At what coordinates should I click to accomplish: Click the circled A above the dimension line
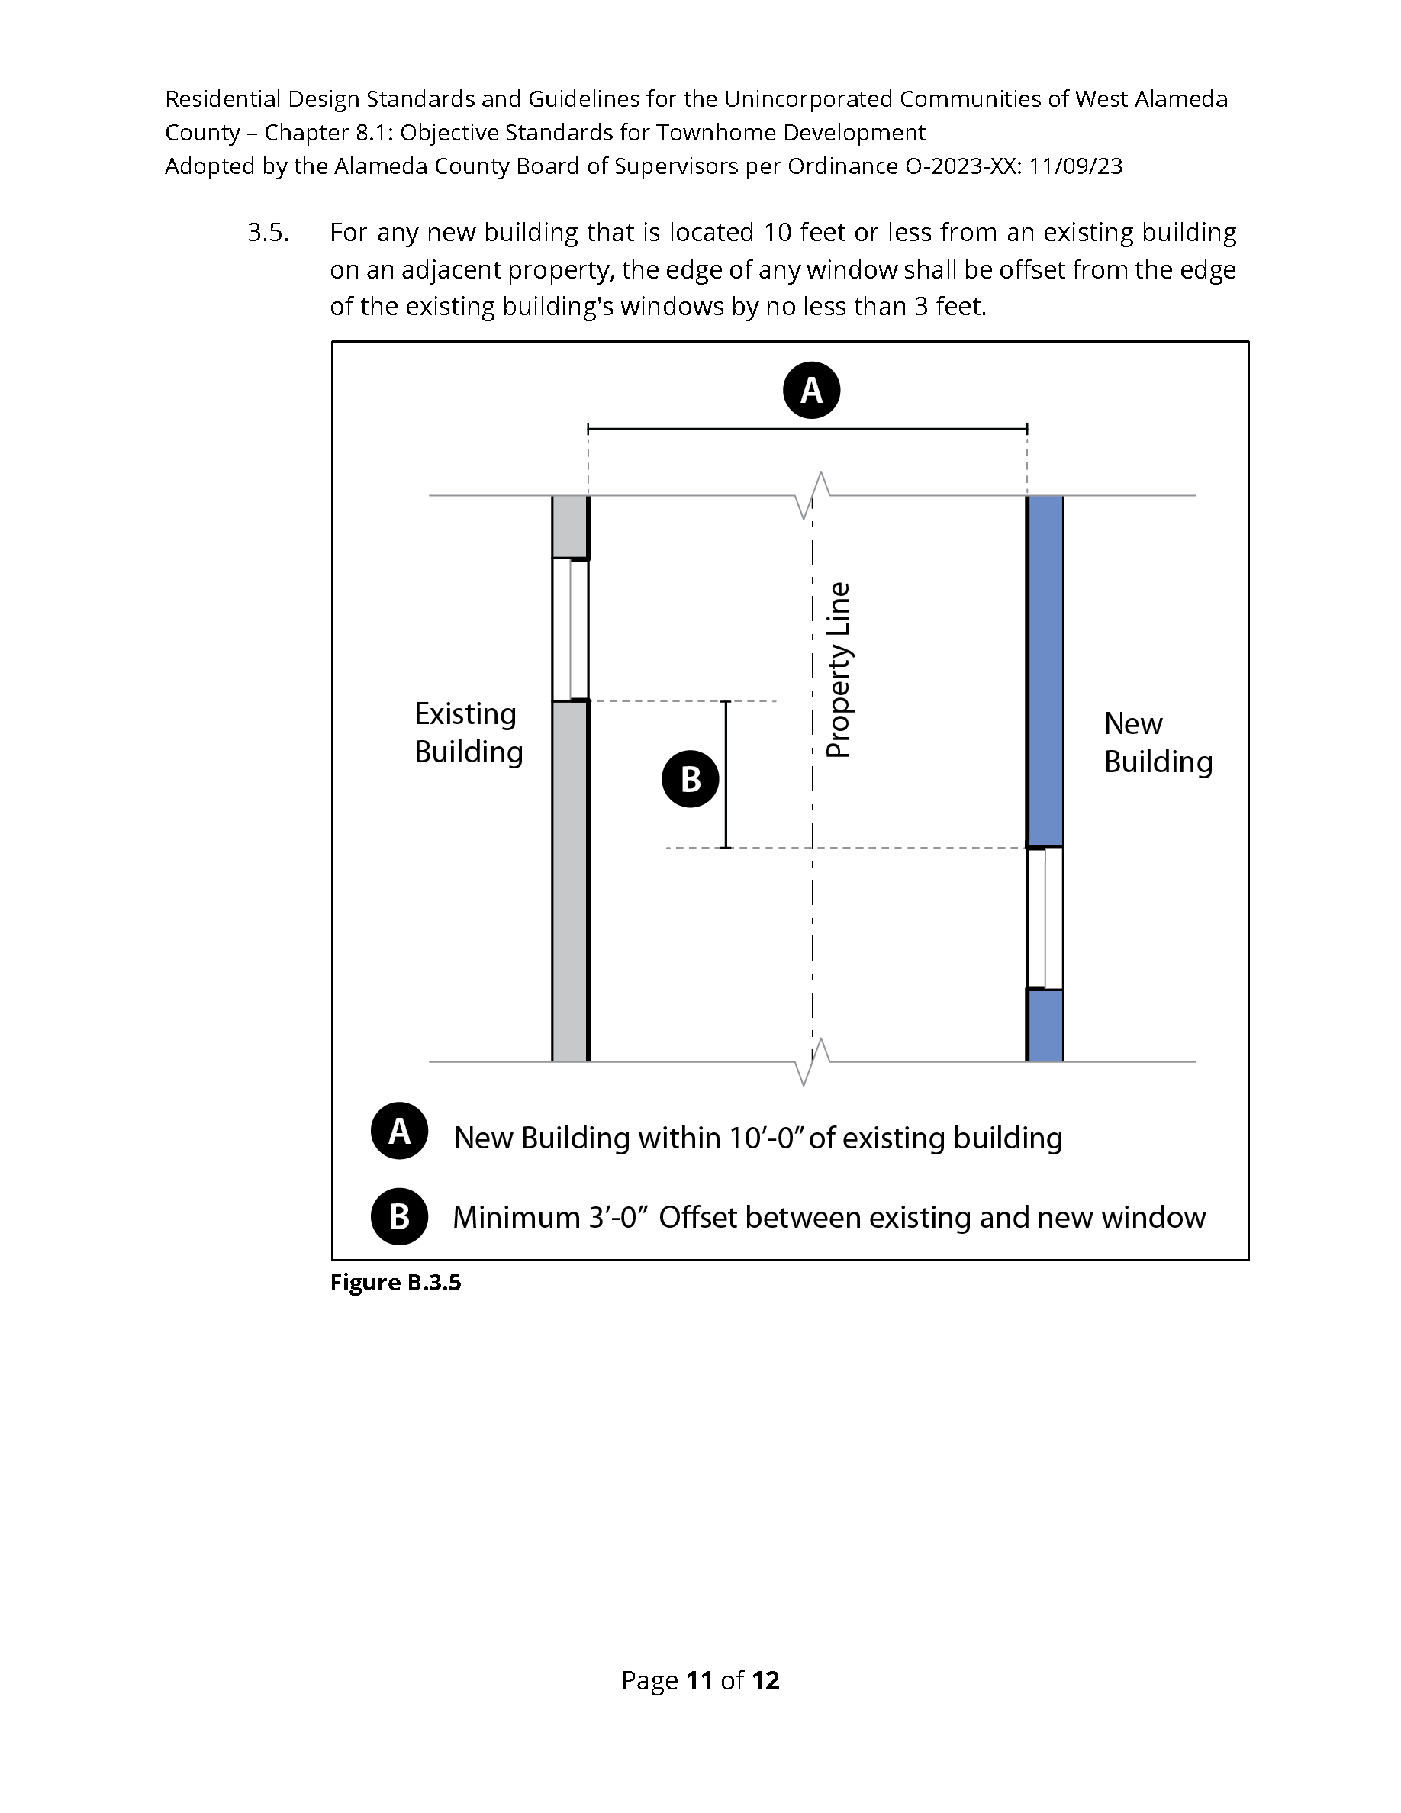coord(811,390)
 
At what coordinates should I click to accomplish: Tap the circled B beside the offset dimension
coord(690,778)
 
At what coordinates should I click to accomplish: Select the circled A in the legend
coord(399,1131)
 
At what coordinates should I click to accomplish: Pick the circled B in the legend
coord(399,1216)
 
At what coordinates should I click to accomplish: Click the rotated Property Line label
coord(839,670)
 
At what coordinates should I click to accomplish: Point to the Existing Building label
coord(468,733)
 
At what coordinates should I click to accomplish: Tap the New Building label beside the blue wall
coord(1157,742)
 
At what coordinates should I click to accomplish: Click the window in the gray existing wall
coord(570,630)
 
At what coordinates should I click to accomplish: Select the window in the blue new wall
coord(1045,918)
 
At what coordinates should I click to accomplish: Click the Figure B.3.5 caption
coord(395,1283)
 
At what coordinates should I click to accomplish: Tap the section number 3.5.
coord(268,233)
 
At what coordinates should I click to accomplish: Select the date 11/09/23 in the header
coord(1076,167)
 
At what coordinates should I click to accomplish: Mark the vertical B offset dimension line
coord(726,774)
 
